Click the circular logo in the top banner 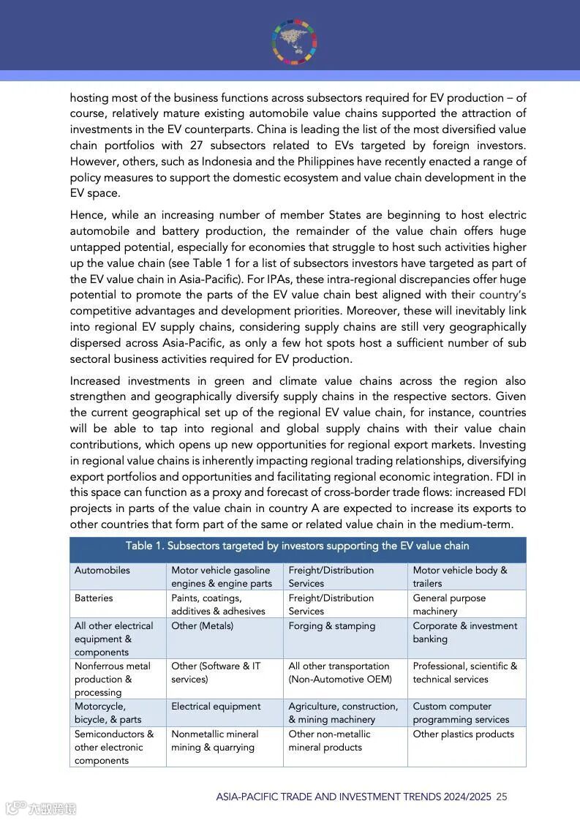tap(295, 41)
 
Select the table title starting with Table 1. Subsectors tap(297, 546)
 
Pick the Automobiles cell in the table tap(102, 571)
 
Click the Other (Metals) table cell tap(203, 626)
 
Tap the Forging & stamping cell tap(331, 626)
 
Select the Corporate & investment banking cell tap(464, 633)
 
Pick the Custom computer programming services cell tap(461, 713)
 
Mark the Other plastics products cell tap(463, 734)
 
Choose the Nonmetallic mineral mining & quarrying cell tap(214, 741)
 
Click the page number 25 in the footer tap(502, 797)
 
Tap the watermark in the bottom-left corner tap(41, 808)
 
